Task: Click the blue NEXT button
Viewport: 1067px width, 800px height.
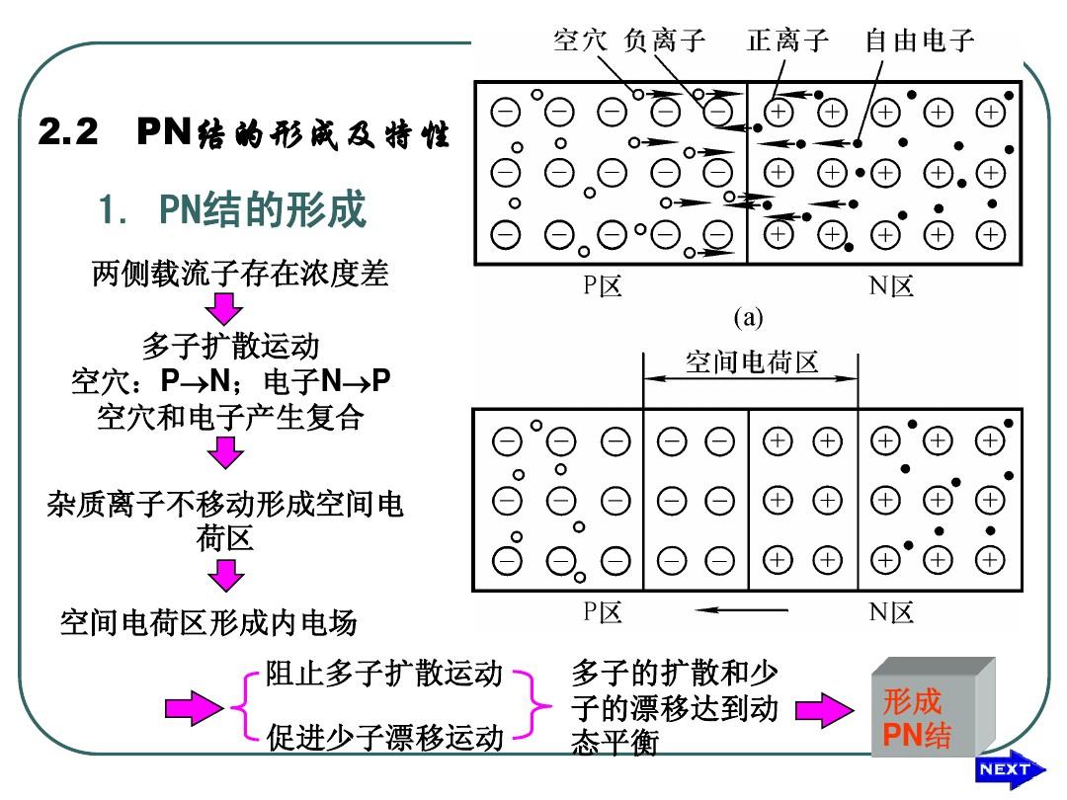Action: [1004, 770]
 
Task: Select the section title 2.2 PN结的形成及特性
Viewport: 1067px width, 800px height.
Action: [243, 133]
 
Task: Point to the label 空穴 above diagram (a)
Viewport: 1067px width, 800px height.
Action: [581, 40]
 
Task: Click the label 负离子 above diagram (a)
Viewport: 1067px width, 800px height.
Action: [666, 40]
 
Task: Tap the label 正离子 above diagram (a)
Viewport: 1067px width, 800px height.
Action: [787, 40]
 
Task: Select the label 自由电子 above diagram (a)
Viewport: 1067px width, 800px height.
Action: [919, 40]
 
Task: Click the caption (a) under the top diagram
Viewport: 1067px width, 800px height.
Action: [749, 317]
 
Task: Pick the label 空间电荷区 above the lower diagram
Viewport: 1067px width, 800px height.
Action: [752, 362]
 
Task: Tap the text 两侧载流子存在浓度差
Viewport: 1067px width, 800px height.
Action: [240, 274]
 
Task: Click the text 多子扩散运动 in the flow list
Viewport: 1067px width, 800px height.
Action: [230, 347]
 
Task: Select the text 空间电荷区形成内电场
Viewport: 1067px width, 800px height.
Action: [208, 622]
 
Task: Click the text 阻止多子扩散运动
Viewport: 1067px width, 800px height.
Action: [385, 675]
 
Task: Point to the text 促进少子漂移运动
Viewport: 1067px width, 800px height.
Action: [385, 738]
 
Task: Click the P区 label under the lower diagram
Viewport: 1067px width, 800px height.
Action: [602, 612]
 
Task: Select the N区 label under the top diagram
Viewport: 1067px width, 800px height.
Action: [891, 286]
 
